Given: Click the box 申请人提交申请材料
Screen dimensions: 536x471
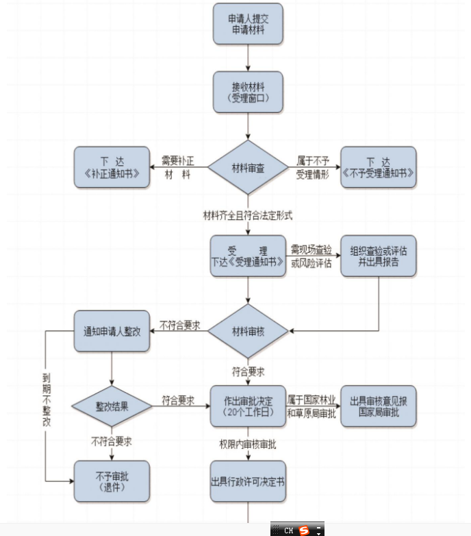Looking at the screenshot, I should (x=248, y=24).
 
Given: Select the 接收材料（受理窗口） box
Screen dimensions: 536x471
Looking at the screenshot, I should (x=248, y=92).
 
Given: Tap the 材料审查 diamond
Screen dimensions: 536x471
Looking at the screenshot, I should (x=248, y=167).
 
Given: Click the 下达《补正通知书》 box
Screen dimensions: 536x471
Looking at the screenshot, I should (x=112, y=167).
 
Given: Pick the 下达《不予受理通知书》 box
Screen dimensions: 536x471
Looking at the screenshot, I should (x=378, y=167).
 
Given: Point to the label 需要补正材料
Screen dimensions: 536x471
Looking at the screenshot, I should (x=178, y=167).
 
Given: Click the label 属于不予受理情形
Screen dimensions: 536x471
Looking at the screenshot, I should (x=313, y=167).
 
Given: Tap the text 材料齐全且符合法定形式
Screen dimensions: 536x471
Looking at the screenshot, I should (x=248, y=216).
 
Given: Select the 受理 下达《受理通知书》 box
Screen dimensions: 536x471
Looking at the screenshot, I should (x=248, y=256).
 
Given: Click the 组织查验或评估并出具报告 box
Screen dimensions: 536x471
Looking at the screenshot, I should (x=378, y=256).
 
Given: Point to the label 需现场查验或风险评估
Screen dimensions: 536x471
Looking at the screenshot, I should (x=312, y=256).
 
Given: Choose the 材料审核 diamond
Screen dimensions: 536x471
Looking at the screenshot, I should (x=248, y=331).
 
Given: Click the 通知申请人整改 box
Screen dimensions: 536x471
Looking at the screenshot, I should (x=112, y=331).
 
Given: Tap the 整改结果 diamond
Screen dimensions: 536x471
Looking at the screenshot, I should (x=112, y=406).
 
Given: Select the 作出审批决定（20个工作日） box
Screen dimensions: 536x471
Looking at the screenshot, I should (x=248, y=406).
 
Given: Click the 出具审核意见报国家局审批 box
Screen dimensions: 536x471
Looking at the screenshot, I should (x=378, y=406).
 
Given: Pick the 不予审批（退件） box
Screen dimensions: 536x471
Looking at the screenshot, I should (x=112, y=480).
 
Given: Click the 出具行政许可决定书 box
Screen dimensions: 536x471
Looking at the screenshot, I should (x=248, y=480).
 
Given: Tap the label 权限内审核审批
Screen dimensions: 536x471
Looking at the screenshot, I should (x=248, y=444).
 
